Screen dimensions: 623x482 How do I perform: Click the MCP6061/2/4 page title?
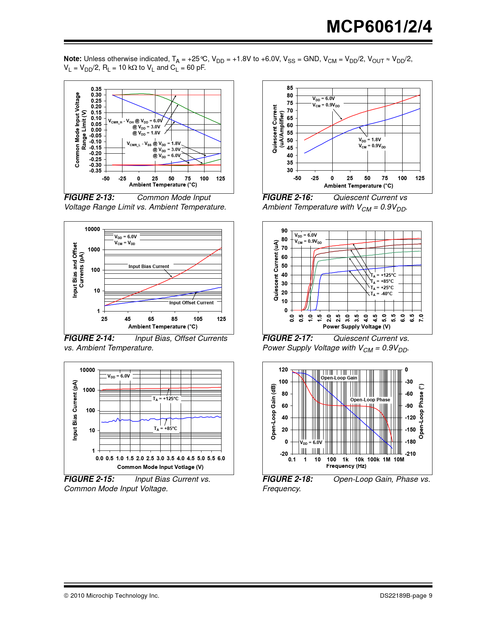[x=379, y=27]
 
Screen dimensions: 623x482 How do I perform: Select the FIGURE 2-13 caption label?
[x=89, y=197]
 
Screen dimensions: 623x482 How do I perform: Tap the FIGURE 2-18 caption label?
[x=288, y=479]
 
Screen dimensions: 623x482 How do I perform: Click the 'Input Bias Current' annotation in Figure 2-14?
[x=149, y=267]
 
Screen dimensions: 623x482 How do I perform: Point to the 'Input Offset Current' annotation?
[x=191, y=303]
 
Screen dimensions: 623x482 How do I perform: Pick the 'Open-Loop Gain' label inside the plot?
[x=339, y=378]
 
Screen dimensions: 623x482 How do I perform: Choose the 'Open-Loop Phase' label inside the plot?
[x=370, y=400]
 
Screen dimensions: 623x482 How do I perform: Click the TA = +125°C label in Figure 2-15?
[x=166, y=399]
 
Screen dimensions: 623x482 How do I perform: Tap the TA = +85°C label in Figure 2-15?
[x=165, y=429]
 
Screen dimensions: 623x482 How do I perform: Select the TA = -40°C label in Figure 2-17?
[x=381, y=294]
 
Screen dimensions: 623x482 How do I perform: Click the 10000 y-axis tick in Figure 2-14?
[x=92, y=229]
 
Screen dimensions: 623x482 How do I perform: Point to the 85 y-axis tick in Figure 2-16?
[x=290, y=88]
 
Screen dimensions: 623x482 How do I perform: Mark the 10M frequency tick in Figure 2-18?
[x=399, y=460]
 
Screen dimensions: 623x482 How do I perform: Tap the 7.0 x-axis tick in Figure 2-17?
[x=421, y=318]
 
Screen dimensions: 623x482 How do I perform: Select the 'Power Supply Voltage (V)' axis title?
[x=356, y=327]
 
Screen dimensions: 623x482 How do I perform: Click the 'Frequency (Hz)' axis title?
[x=346, y=466]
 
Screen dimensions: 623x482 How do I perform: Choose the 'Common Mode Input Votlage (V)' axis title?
[x=160, y=467]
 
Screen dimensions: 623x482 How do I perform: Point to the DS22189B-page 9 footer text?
[x=406, y=596]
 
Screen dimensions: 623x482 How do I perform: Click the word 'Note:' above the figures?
[x=73, y=59]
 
